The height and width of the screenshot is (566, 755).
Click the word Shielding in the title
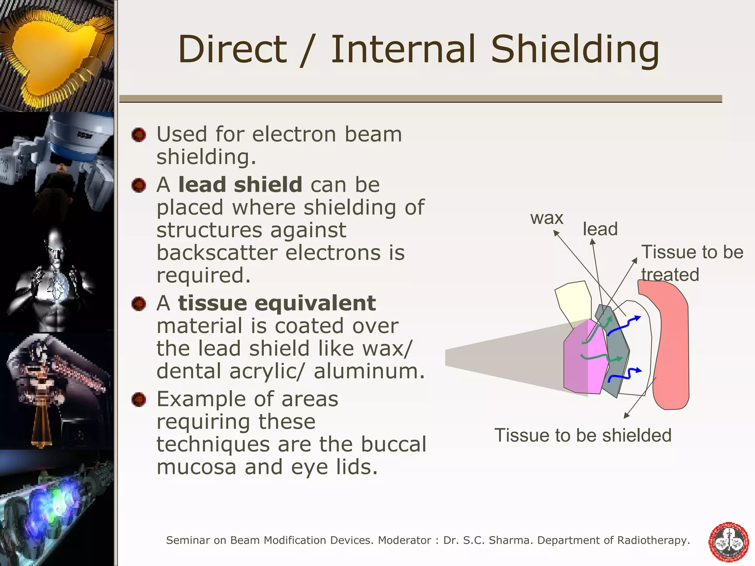[575, 50]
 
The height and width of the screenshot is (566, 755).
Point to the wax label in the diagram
[547, 218]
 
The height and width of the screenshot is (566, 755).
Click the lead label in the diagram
[600, 229]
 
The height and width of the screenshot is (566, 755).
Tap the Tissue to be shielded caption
[582, 435]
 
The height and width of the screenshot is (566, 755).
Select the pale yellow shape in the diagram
[572, 302]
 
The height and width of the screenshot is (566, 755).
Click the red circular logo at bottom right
[728, 542]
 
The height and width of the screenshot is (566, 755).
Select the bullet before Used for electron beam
[139, 134]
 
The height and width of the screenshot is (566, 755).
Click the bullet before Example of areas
[139, 399]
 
